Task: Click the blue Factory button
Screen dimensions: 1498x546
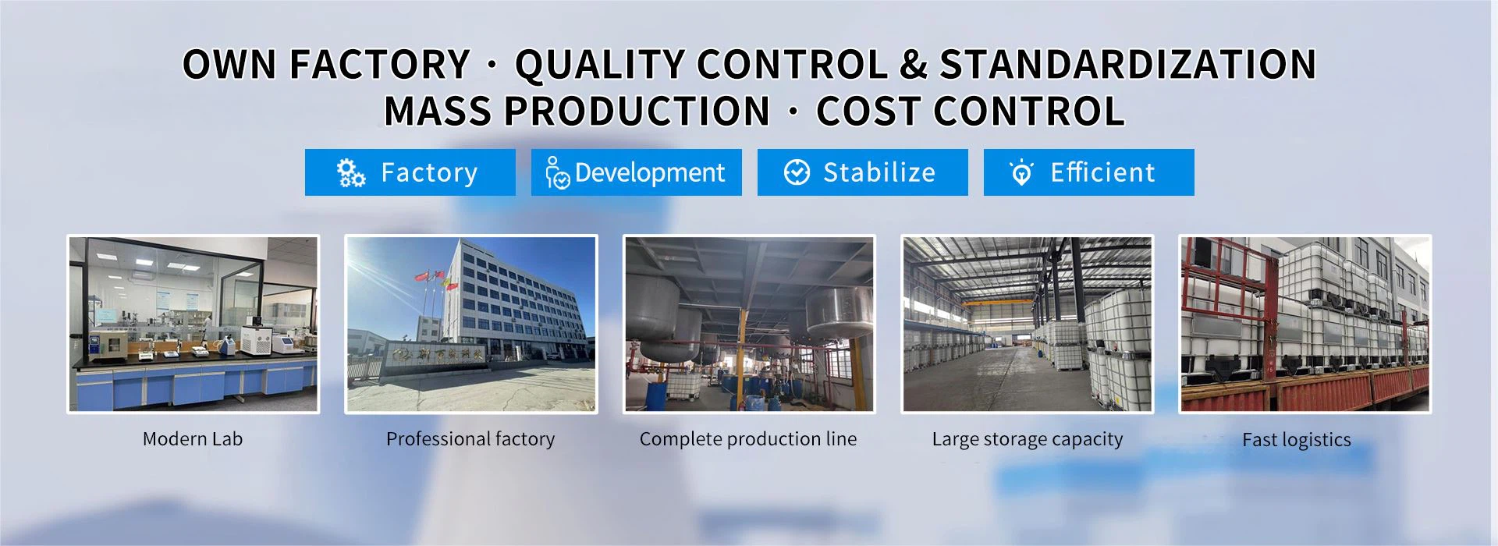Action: point(410,172)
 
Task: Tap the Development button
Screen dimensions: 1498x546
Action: point(636,172)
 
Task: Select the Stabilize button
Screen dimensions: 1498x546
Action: point(862,172)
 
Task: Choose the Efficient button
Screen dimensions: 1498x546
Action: point(1088,172)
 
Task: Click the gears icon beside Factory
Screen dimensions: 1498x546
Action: point(350,172)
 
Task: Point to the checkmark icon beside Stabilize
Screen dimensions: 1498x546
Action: point(797,172)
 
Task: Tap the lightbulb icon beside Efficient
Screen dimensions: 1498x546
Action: point(1021,172)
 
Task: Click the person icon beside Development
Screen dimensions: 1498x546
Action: point(557,173)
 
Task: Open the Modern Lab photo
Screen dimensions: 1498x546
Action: point(193,324)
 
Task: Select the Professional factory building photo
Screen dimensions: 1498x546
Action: point(471,324)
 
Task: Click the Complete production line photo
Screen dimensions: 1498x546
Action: point(749,324)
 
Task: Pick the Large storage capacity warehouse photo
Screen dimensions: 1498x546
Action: point(1027,324)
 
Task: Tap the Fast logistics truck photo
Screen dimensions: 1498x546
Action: point(1305,324)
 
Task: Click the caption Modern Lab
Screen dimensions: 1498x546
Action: point(193,439)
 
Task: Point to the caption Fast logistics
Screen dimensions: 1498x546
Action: point(1297,440)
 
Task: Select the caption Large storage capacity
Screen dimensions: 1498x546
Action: point(1028,440)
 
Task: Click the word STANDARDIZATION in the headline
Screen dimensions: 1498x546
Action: point(1128,64)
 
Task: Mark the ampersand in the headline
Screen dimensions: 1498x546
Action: point(914,65)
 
